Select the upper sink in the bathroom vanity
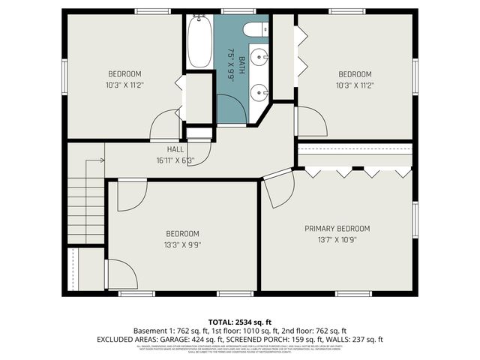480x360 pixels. pos(259,55)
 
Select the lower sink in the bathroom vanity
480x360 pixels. pos(259,91)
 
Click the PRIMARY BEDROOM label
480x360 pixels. pos(337,228)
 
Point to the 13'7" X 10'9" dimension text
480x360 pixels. pos(337,240)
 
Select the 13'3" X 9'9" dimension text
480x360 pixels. pos(182,244)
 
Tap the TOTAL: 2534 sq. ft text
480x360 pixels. pos(239,320)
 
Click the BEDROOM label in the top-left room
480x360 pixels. pos(124,73)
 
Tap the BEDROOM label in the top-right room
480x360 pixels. pos(355,73)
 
